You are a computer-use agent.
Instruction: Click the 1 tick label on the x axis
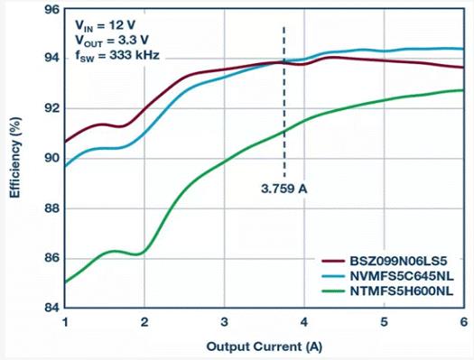(x=65, y=322)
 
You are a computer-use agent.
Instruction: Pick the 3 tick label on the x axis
(x=224, y=322)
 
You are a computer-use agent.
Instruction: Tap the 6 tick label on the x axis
(x=464, y=322)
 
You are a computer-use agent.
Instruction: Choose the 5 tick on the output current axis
(x=384, y=322)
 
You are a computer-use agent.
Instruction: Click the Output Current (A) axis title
(x=265, y=346)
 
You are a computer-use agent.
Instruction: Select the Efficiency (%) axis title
(x=15, y=158)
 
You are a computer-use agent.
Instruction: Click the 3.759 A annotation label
(x=284, y=189)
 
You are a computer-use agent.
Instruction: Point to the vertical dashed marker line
(x=284, y=102)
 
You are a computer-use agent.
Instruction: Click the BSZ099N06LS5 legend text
(x=398, y=261)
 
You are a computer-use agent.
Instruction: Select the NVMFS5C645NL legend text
(x=402, y=276)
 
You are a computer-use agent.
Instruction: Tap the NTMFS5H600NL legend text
(x=402, y=291)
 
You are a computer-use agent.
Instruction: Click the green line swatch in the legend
(x=333, y=291)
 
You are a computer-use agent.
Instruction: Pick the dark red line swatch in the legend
(x=333, y=261)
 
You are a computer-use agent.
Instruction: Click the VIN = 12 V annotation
(x=105, y=25)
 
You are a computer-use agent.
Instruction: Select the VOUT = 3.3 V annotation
(x=112, y=41)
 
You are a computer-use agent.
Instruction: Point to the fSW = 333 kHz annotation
(x=117, y=56)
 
